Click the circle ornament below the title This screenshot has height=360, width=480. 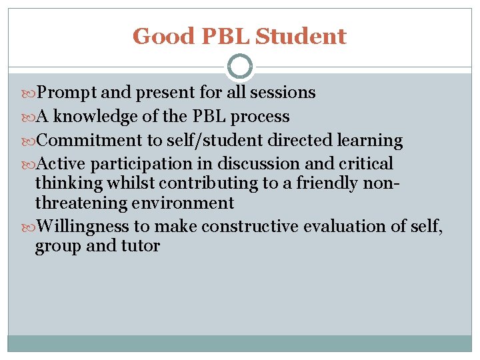240,67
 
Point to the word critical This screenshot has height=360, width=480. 366,164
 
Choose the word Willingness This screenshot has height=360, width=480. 83,227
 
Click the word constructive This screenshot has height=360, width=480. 251,227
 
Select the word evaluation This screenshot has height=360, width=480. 345,227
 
